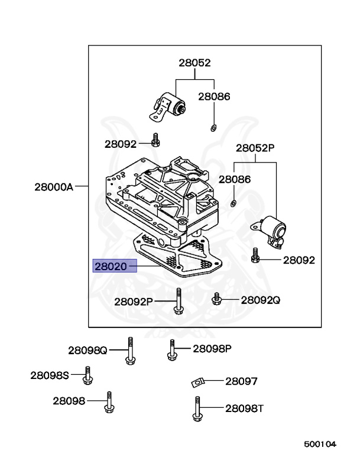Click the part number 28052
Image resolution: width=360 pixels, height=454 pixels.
click(x=195, y=62)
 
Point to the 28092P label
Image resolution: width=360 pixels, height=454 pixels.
click(x=134, y=301)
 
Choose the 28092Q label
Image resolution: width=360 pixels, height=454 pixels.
click(x=261, y=300)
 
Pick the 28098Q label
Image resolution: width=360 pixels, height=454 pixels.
click(x=87, y=350)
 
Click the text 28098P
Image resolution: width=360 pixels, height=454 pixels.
click(x=212, y=348)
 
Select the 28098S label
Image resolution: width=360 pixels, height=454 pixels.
click(x=50, y=374)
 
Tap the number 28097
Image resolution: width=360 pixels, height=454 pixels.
click(x=241, y=381)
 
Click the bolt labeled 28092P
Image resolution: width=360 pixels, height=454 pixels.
click(x=177, y=301)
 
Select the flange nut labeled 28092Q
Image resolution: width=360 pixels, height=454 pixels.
click(x=216, y=299)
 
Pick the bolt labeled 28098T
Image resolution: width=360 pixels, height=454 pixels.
click(x=196, y=410)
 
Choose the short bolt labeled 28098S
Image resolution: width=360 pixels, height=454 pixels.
click(x=89, y=375)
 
